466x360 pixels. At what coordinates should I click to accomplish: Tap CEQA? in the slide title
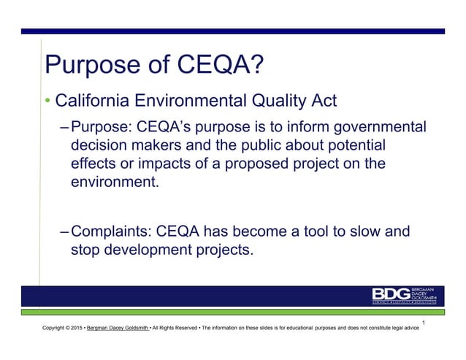click(218, 68)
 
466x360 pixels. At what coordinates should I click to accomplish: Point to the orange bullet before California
click(48, 100)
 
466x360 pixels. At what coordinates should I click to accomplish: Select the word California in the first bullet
click(95, 100)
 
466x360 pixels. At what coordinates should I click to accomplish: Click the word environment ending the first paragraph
click(113, 182)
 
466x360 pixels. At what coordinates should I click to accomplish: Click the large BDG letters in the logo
click(392, 294)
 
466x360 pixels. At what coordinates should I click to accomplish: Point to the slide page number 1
click(424, 321)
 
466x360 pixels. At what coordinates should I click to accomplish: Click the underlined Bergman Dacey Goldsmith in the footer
click(115, 329)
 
